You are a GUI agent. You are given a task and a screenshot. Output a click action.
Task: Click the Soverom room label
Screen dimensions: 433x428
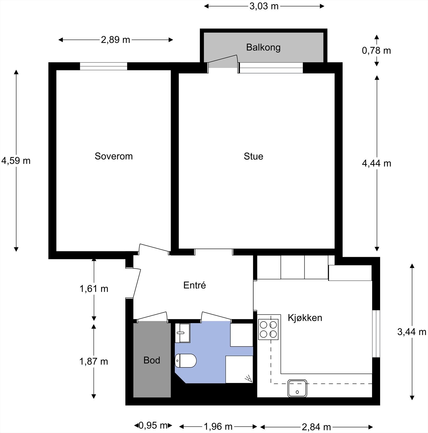click(114, 156)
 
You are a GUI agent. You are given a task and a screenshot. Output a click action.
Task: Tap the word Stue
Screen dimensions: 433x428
click(253, 156)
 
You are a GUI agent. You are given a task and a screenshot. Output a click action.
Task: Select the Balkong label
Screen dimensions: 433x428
click(263, 47)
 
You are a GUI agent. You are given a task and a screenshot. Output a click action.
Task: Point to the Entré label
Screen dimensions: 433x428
click(195, 285)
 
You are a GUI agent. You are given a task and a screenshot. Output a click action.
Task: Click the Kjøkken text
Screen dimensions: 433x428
click(305, 317)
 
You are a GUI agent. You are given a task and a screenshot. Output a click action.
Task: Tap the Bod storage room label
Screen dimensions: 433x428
click(152, 360)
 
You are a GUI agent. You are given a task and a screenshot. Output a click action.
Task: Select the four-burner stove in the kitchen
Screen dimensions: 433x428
click(268, 329)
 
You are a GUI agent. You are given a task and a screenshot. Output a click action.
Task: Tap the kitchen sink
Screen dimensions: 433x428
click(297, 388)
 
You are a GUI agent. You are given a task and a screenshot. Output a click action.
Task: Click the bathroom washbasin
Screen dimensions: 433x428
click(182, 333)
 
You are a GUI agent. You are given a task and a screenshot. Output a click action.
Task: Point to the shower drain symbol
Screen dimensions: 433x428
click(248, 378)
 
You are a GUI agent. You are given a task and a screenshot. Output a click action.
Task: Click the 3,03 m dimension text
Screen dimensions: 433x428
click(264, 6)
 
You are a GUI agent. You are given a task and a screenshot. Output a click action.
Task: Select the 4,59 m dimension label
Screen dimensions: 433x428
click(16, 161)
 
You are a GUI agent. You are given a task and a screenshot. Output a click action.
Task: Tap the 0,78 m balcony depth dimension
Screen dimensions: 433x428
click(376, 51)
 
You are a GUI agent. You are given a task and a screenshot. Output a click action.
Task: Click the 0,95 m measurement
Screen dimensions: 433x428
click(153, 425)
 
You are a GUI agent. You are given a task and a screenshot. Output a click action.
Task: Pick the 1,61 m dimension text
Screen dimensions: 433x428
click(94, 289)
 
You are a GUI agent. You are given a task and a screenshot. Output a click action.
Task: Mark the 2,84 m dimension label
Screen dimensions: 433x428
click(316, 427)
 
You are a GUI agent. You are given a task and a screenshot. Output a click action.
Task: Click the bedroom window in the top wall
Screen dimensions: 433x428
click(103, 66)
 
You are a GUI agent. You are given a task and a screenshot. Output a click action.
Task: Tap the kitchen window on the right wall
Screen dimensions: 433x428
click(376, 333)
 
